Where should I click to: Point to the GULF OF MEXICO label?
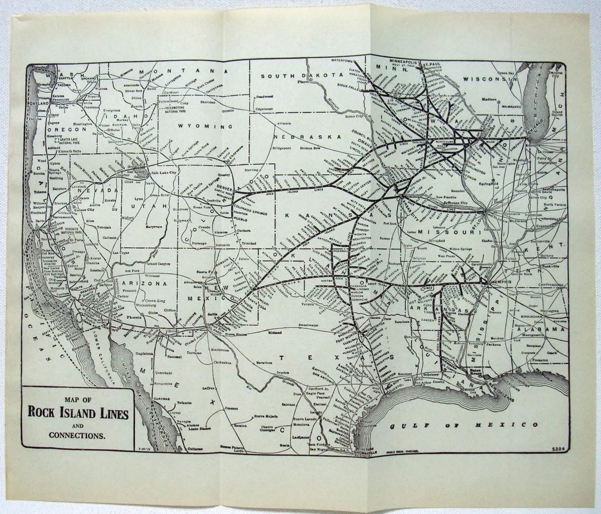(x=463, y=425)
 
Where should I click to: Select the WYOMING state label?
(x=196, y=126)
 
